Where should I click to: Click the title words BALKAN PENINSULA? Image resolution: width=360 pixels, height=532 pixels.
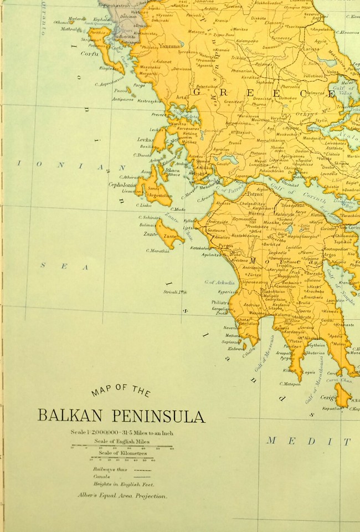click(121, 416)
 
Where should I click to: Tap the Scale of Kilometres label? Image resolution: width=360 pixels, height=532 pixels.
click(122, 453)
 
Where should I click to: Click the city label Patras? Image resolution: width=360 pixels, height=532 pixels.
click(254, 195)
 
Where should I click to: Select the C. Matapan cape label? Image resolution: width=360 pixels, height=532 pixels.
click(290, 383)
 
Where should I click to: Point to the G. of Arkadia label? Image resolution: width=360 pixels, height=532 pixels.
click(219, 283)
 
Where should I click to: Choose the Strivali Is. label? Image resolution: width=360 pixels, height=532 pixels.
click(174, 292)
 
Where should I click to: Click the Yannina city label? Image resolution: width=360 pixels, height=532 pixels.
click(169, 46)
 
